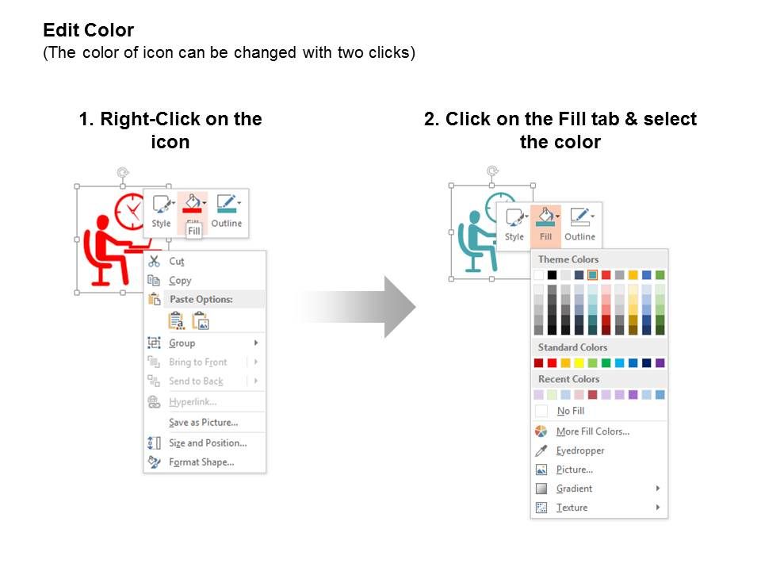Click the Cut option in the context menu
176,261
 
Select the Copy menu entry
180,280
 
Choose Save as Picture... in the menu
204,423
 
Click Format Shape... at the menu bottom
201,462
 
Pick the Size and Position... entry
208,443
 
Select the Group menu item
182,343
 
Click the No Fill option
570,411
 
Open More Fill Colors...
593,431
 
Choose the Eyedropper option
580,450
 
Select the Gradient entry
574,489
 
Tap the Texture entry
572,508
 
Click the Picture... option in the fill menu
574,469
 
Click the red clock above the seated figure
130,210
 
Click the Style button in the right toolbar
514,224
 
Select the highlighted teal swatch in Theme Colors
592,275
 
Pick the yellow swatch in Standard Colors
579,362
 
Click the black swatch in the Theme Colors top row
552,275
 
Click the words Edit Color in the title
88,30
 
